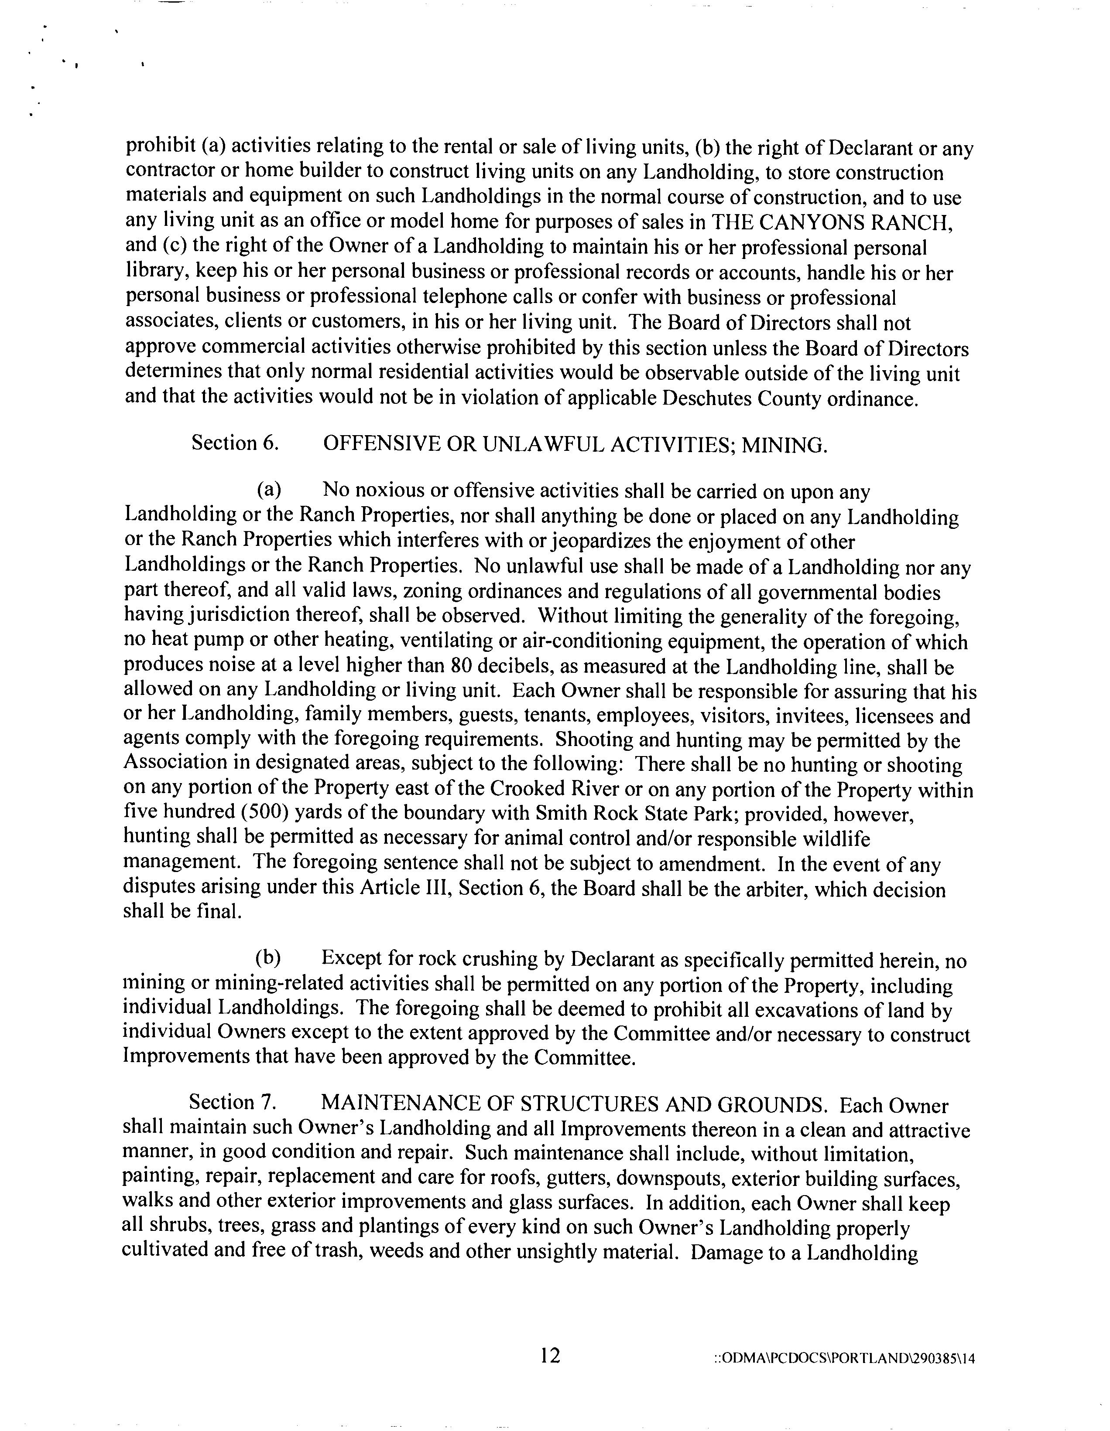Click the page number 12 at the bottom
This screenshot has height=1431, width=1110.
coord(550,1354)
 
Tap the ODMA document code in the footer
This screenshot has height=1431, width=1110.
coord(844,1358)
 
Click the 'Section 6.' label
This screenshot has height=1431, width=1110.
coord(235,443)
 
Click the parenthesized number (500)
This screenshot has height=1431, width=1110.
coord(266,812)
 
